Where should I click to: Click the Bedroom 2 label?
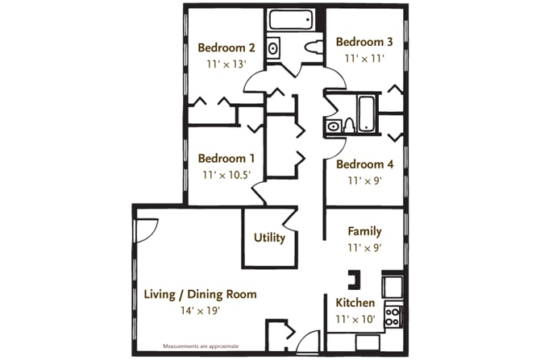(226, 48)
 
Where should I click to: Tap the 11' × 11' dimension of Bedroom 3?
(364, 59)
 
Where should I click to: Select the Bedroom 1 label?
(226, 159)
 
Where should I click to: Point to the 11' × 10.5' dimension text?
(226, 176)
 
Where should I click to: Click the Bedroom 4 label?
(365, 164)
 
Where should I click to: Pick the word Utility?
(269, 238)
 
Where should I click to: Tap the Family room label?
(364, 231)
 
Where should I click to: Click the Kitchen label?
(355, 303)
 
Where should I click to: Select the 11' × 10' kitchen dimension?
(355, 320)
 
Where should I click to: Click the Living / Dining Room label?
(200, 294)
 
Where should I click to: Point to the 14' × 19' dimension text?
(200, 311)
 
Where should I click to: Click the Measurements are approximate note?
(201, 346)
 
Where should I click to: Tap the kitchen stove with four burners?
(393, 317)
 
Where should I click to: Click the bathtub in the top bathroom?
(291, 19)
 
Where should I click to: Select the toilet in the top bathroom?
(314, 47)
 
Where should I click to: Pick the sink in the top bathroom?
(273, 48)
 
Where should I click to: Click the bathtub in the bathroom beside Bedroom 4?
(366, 114)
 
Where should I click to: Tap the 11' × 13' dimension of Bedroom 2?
(226, 64)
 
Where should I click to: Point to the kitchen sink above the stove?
(393, 287)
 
